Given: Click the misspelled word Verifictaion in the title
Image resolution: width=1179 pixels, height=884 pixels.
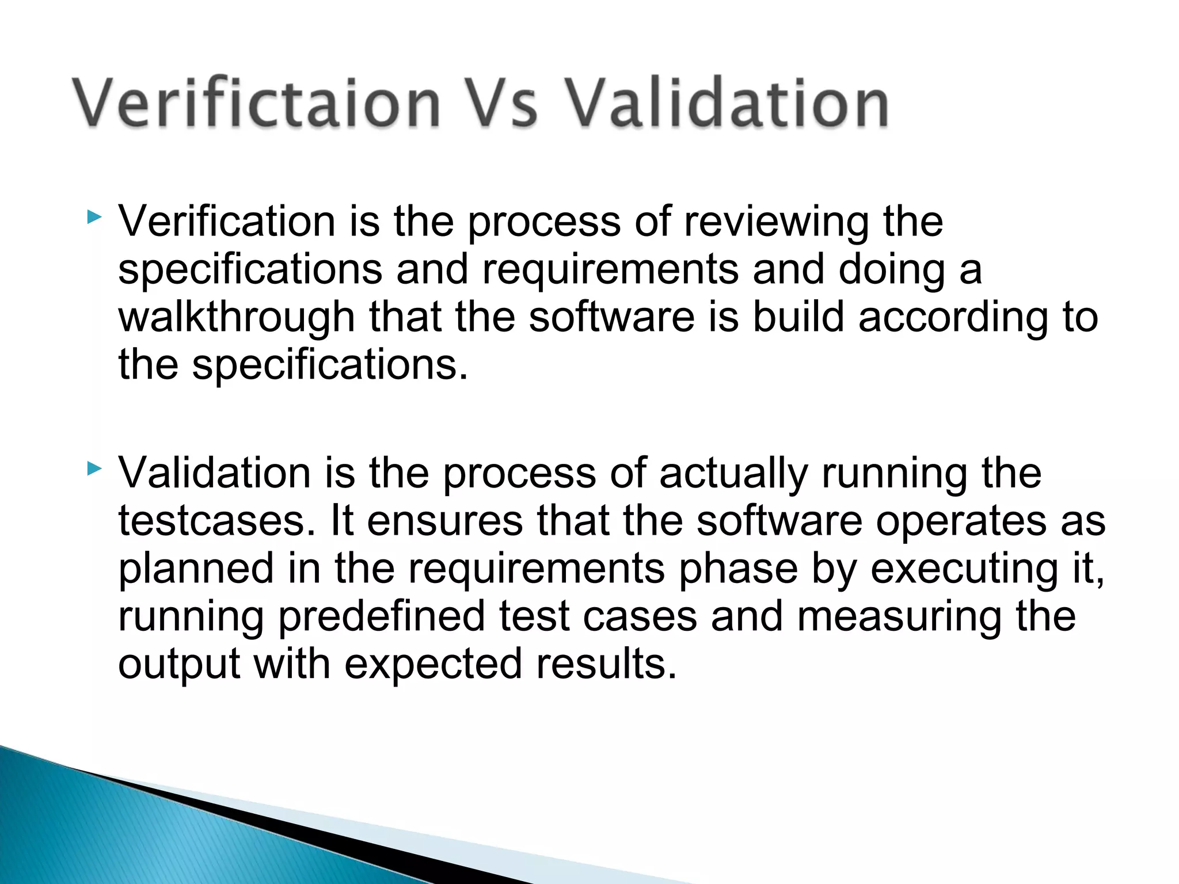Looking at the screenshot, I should [x=256, y=104].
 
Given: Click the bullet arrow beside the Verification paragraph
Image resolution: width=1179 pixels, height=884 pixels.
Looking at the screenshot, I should [x=94, y=218].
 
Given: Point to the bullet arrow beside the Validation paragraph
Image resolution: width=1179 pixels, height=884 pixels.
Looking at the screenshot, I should [x=94, y=469].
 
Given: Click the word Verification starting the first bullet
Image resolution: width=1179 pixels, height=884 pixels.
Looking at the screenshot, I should [x=227, y=222].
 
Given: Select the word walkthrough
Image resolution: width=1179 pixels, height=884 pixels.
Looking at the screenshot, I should [x=237, y=318].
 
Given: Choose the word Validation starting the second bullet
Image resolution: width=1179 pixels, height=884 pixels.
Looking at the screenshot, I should [x=215, y=473].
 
